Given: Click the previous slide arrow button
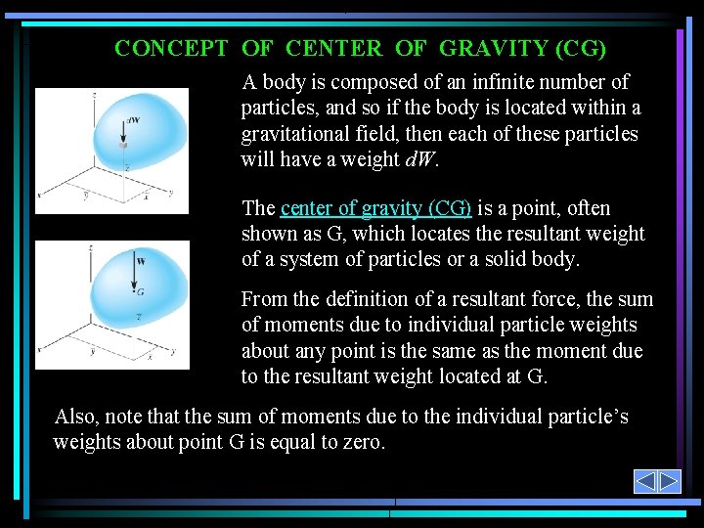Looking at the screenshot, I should (x=645, y=481).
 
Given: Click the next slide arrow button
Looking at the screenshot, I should (x=669, y=481).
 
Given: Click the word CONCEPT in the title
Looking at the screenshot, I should (x=171, y=48).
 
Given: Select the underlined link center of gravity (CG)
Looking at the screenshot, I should (x=375, y=208).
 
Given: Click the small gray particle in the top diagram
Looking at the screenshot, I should (x=124, y=144).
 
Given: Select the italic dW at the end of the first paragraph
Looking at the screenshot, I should (x=417, y=159).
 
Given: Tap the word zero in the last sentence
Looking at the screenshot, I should (x=365, y=442).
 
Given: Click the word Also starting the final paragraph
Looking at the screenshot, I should (x=75, y=417).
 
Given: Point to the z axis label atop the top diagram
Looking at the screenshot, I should (x=93, y=96).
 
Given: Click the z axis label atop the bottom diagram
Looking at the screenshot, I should (x=90, y=249).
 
